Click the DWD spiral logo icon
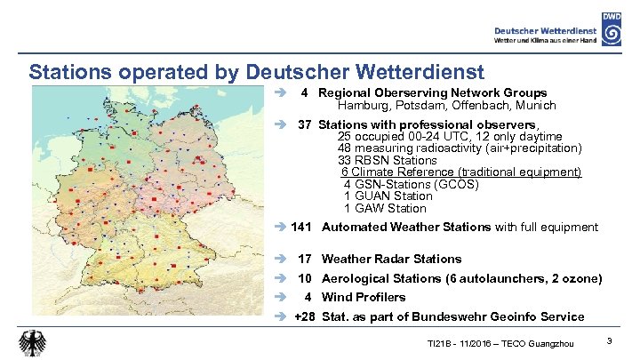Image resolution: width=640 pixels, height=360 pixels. (612, 29)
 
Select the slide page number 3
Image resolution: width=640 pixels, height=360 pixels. (608, 341)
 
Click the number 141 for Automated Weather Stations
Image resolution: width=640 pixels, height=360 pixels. (301, 228)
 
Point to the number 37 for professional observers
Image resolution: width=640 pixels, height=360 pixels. (304, 124)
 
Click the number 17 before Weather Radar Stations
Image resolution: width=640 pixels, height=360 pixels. (304, 260)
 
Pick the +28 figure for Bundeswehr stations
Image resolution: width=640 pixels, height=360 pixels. (304, 317)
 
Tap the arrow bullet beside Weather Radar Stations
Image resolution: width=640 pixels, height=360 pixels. (279, 260)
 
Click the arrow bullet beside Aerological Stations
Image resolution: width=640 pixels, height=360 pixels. (279, 279)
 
